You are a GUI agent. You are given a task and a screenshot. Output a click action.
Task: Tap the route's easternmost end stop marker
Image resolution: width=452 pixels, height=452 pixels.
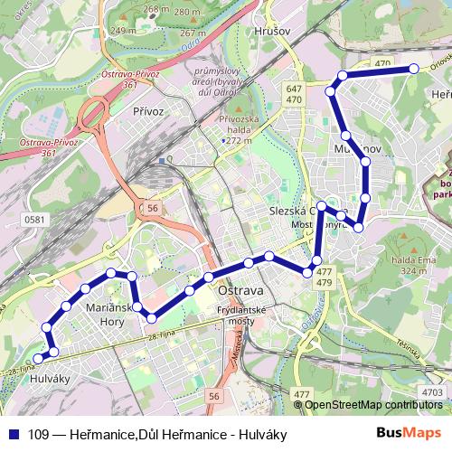click(414, 69)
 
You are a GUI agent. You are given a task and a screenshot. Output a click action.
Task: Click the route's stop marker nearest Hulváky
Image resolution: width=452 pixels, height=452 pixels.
click(38, 358)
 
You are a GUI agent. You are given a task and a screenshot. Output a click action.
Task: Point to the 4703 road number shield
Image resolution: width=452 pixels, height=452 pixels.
click(432, 391)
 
